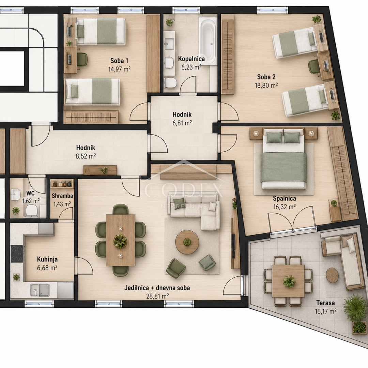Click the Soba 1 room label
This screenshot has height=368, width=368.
119,61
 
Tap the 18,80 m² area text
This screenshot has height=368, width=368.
266,85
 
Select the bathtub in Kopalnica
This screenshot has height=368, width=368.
208,41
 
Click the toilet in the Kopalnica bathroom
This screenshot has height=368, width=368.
170,83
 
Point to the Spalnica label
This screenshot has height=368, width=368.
284,199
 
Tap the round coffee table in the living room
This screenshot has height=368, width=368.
187,242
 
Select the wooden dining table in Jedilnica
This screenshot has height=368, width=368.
120,240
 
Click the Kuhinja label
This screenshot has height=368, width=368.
47,259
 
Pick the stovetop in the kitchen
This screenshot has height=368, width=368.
17,254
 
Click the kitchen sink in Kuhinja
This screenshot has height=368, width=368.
40,291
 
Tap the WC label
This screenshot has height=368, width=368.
31,193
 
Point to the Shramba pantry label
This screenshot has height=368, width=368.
62,196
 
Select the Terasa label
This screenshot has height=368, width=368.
325,303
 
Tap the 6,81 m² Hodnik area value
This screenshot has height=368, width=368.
182,123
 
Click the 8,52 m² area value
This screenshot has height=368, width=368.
86,156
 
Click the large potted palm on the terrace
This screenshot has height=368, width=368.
354,307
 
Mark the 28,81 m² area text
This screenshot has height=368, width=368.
157,296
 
